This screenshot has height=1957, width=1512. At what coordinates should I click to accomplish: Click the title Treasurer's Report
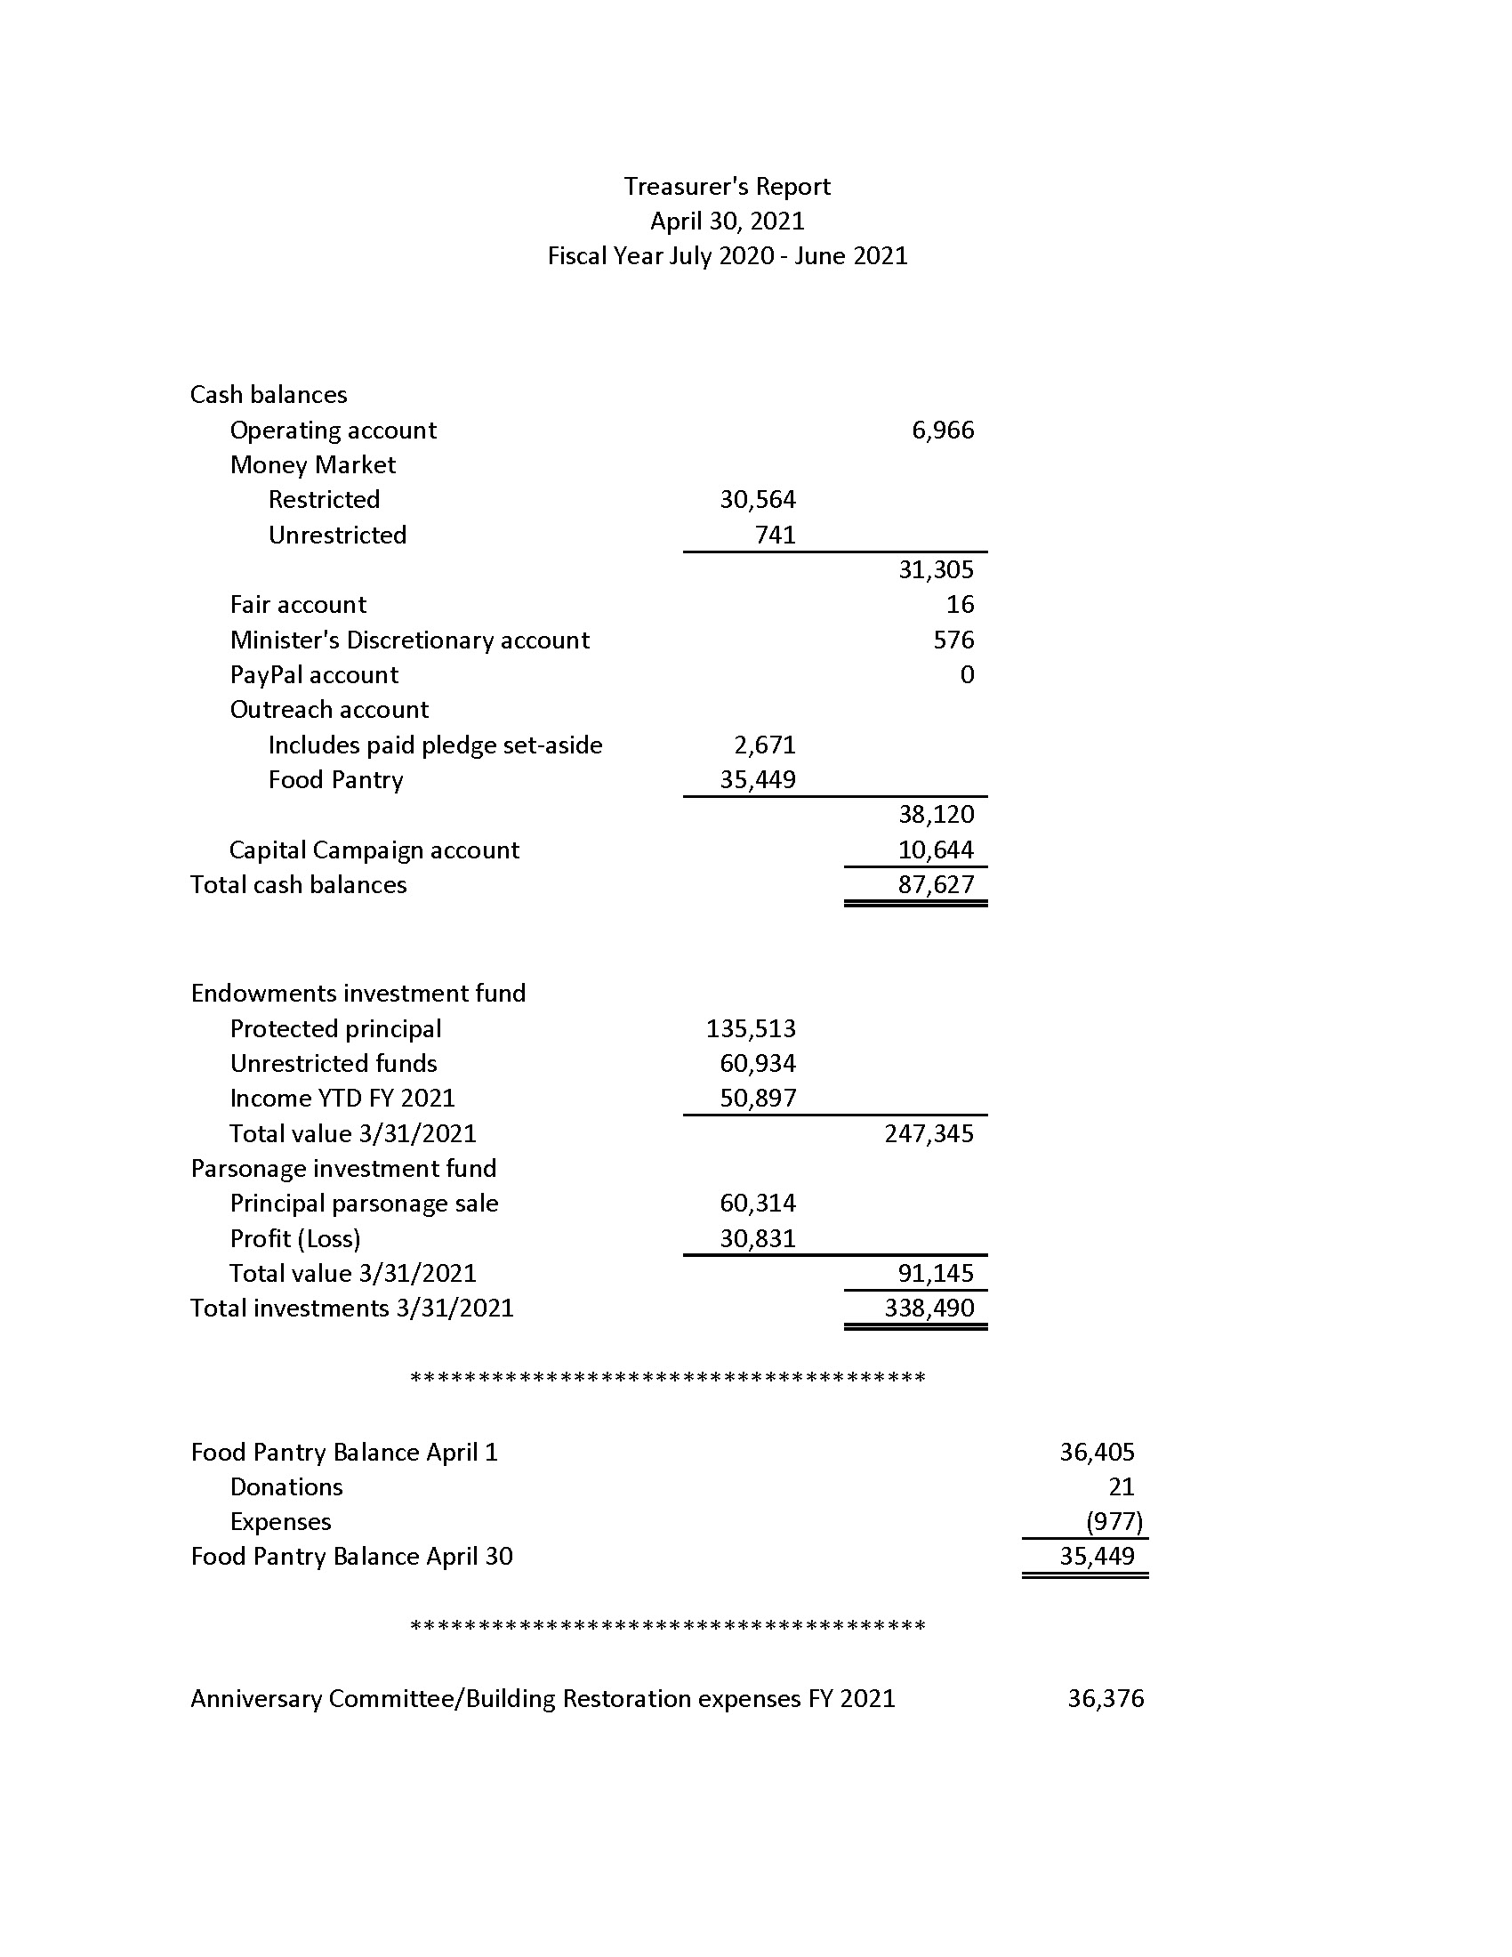tap(727, 187)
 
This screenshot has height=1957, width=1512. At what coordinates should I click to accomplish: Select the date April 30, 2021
tap(727, 221)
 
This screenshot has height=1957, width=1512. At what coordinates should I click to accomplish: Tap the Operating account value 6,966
tap(942, 431)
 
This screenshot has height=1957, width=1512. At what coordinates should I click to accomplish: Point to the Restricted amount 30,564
tap(757, 499)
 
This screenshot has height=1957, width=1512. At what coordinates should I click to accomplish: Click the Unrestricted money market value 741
tap(775, 535)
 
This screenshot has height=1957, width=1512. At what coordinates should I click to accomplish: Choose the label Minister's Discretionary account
tap(409, 640)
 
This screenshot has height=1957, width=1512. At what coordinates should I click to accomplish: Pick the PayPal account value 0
tap(967, 675)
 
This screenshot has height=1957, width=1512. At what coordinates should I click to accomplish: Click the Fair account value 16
tap(960, 605)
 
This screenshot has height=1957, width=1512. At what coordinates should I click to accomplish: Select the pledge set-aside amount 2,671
tap(764, 745)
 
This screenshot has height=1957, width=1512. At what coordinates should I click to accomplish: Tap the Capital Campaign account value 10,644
tap(935, 850)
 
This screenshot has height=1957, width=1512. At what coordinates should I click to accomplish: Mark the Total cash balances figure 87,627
tap(935, 884)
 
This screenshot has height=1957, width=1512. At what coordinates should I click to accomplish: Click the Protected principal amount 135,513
tap(750, 1028)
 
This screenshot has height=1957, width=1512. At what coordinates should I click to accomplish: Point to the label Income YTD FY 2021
tap(342, 1098)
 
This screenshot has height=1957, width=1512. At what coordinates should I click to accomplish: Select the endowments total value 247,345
tap(928, 1133)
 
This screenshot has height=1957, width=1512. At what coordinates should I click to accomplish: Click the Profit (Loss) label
tap(294, 1238)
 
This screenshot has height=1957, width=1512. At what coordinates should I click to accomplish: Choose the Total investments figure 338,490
tap(928, 1309)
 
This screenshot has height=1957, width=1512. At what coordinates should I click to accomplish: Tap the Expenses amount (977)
tap(1114, 1521)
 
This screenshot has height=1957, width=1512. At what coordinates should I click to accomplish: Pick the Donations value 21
tap(1121, 1486)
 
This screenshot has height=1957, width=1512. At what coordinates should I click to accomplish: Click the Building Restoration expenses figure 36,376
tap(1105, 1698)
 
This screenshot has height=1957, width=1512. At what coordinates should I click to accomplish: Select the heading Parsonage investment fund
tap(343, 1169)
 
